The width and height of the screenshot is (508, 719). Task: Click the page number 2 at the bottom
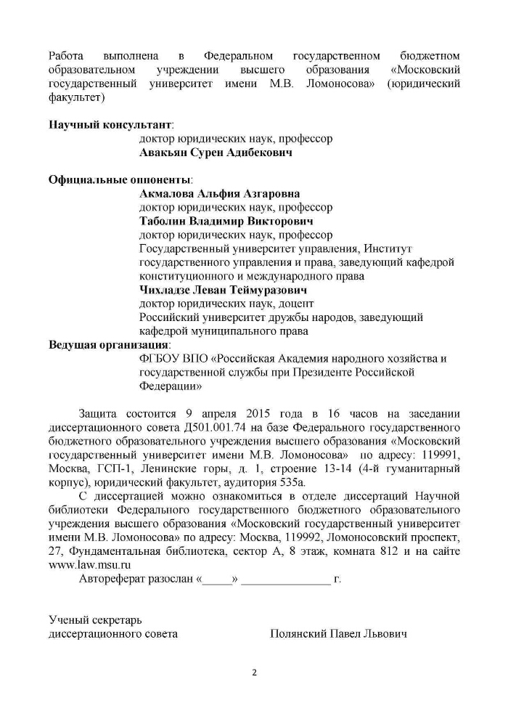click(x=255, y=672)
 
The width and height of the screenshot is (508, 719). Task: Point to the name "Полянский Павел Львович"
click(x=337, y=634)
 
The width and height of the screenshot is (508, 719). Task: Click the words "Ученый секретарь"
click(x=95, y=620)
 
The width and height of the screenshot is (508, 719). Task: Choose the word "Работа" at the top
click(x=66, y=56)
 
